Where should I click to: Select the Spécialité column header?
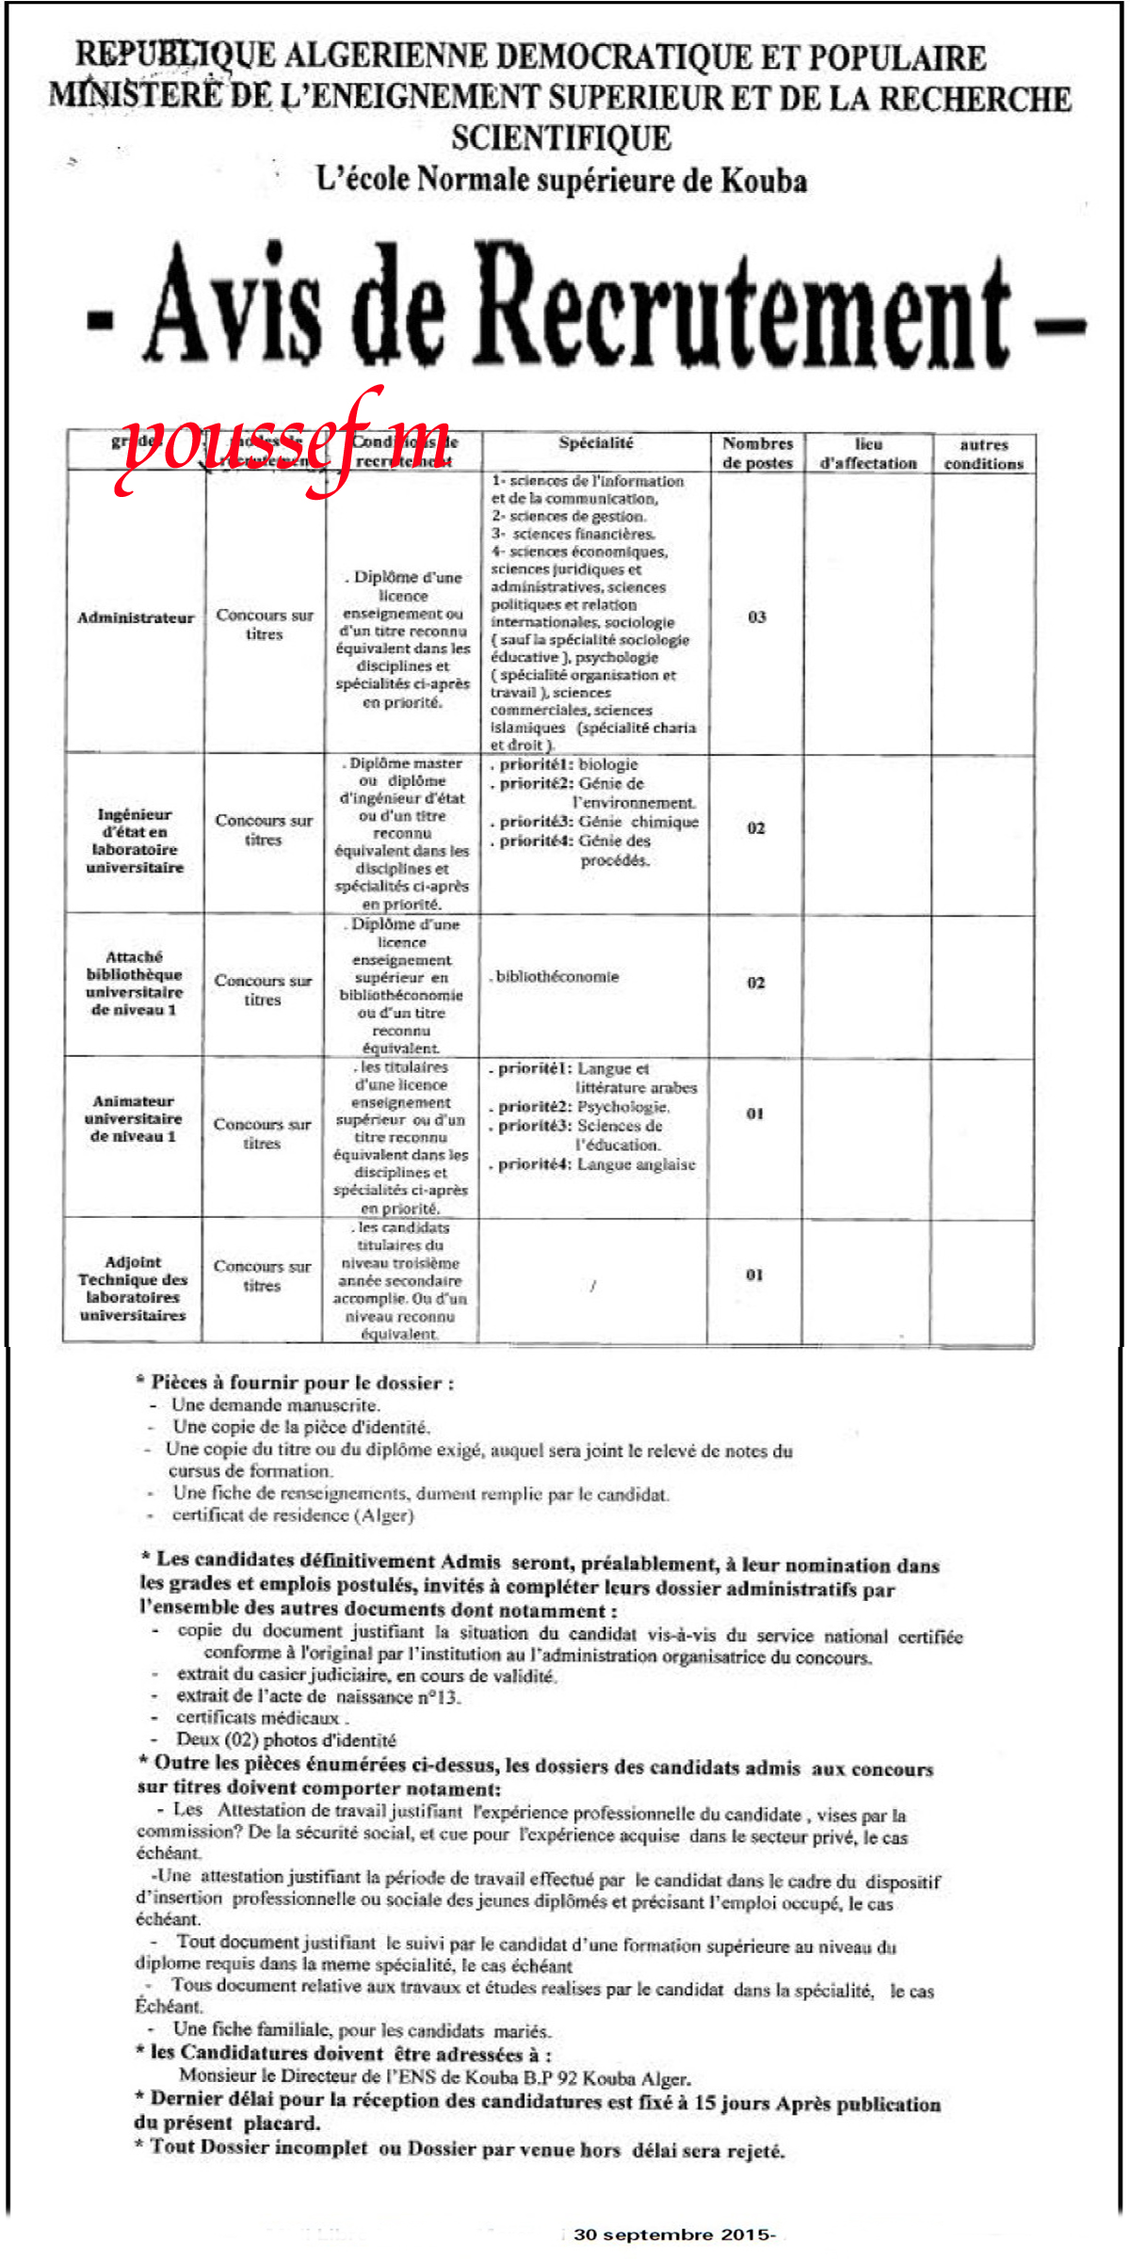595,443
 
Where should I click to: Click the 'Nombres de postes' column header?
757,453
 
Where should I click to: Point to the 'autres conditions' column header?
983,454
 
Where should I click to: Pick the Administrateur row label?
136,617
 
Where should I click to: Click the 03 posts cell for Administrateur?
757,617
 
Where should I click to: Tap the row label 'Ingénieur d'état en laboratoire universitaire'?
135,841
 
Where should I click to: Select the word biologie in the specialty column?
608,764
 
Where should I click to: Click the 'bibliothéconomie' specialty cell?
557,977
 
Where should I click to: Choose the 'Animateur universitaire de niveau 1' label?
133,1118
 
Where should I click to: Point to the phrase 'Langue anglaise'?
637,1164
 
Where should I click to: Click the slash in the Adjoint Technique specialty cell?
592,1286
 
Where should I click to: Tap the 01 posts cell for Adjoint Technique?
755,1274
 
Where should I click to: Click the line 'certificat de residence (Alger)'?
292,1515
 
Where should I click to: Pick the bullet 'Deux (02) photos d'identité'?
285,1739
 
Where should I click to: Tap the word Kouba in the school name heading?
763,180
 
